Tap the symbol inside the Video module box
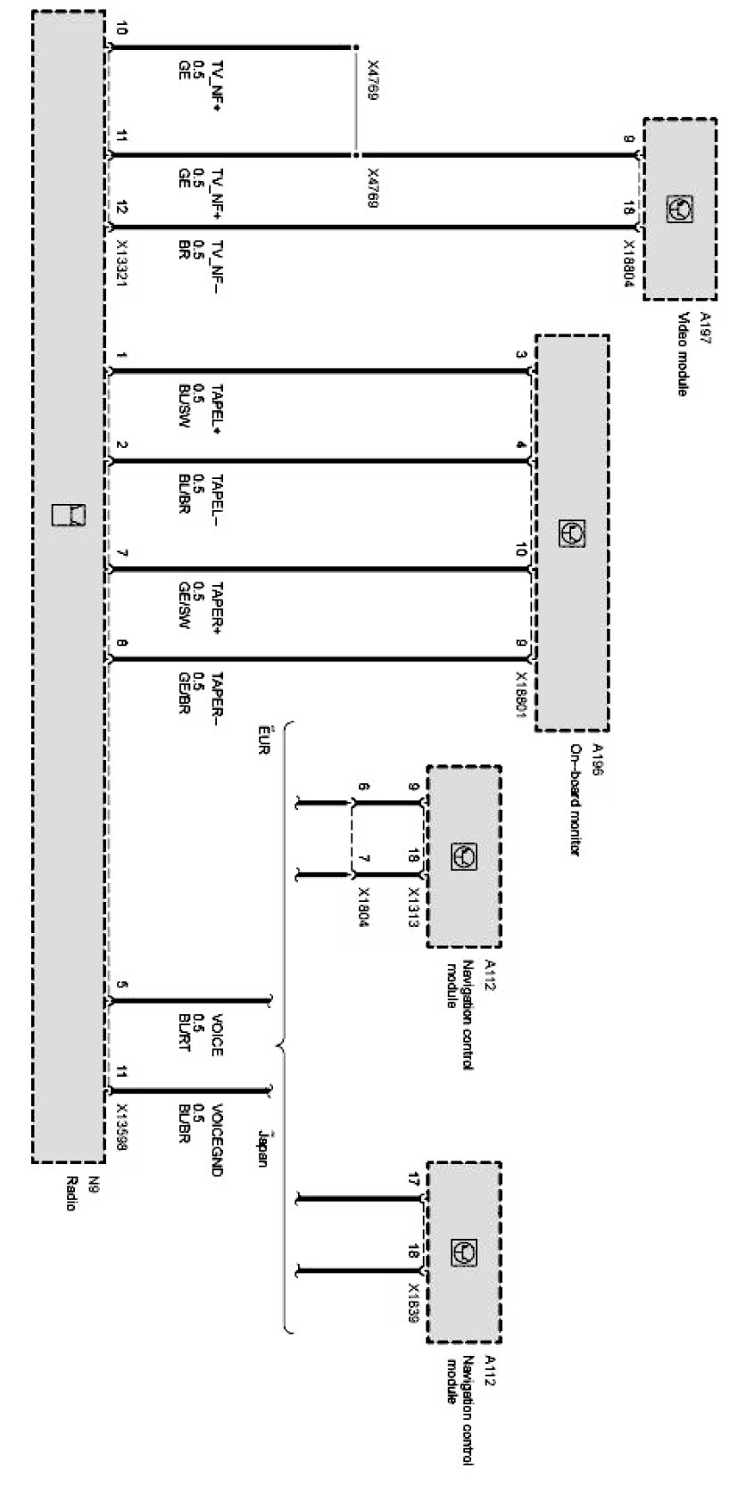(680, 209)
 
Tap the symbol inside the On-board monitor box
(571, 533)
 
